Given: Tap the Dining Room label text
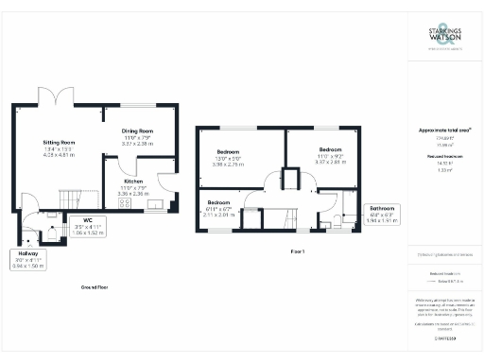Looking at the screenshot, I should point(138,131).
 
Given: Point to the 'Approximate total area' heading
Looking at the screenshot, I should point(443,130).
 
